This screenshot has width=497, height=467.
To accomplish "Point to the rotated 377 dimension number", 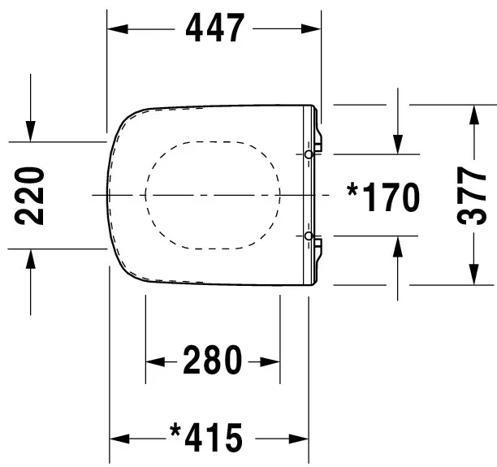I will click(472, 196).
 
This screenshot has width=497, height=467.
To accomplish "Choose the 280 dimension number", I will click(212, 360).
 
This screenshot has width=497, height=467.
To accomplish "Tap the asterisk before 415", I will click(175, 431).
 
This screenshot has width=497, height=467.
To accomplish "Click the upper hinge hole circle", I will click(309, 154).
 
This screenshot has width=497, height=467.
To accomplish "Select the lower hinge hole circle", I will click(309, 236).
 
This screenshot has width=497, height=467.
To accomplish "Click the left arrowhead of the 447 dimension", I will click(119, 29).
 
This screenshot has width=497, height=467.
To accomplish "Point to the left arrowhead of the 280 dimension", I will click(155, 361).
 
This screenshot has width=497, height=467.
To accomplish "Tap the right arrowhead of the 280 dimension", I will click(270, 361).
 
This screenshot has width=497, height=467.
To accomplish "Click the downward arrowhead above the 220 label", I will click(30, 130).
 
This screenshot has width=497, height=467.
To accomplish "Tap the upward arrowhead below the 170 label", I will click(398, 246).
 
